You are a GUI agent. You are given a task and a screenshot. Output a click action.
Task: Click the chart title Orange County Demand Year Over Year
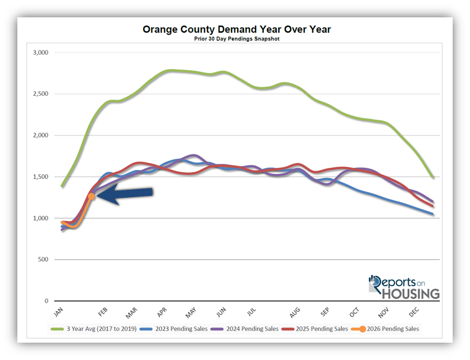237,29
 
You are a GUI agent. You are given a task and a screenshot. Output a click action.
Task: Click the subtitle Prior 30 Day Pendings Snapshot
237,39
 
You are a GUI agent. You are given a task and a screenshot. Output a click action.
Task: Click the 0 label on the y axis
47,301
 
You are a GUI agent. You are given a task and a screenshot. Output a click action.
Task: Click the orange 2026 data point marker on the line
92,197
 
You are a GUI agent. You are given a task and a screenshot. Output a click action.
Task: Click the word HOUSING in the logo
410,293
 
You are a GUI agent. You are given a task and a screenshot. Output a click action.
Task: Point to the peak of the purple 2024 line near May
193,155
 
